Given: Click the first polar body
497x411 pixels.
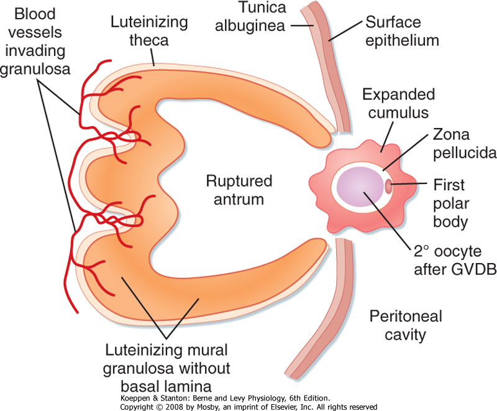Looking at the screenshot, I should (388, 185).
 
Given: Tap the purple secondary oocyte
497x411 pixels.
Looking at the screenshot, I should (362, 187).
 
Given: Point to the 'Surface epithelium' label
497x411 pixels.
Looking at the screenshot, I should (401, 32).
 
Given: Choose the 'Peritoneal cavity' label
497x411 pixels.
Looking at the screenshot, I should (404, 325).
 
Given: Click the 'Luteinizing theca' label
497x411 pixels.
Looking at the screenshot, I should (149, 30).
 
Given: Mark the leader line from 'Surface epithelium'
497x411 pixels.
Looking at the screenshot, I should (345, 30).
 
